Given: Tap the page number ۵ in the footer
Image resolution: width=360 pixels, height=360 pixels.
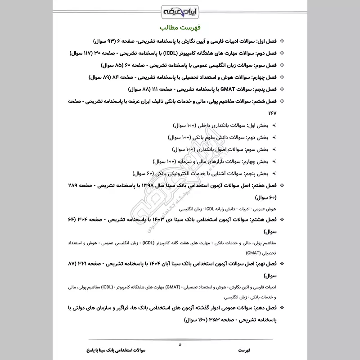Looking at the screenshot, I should coord(180,344).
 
